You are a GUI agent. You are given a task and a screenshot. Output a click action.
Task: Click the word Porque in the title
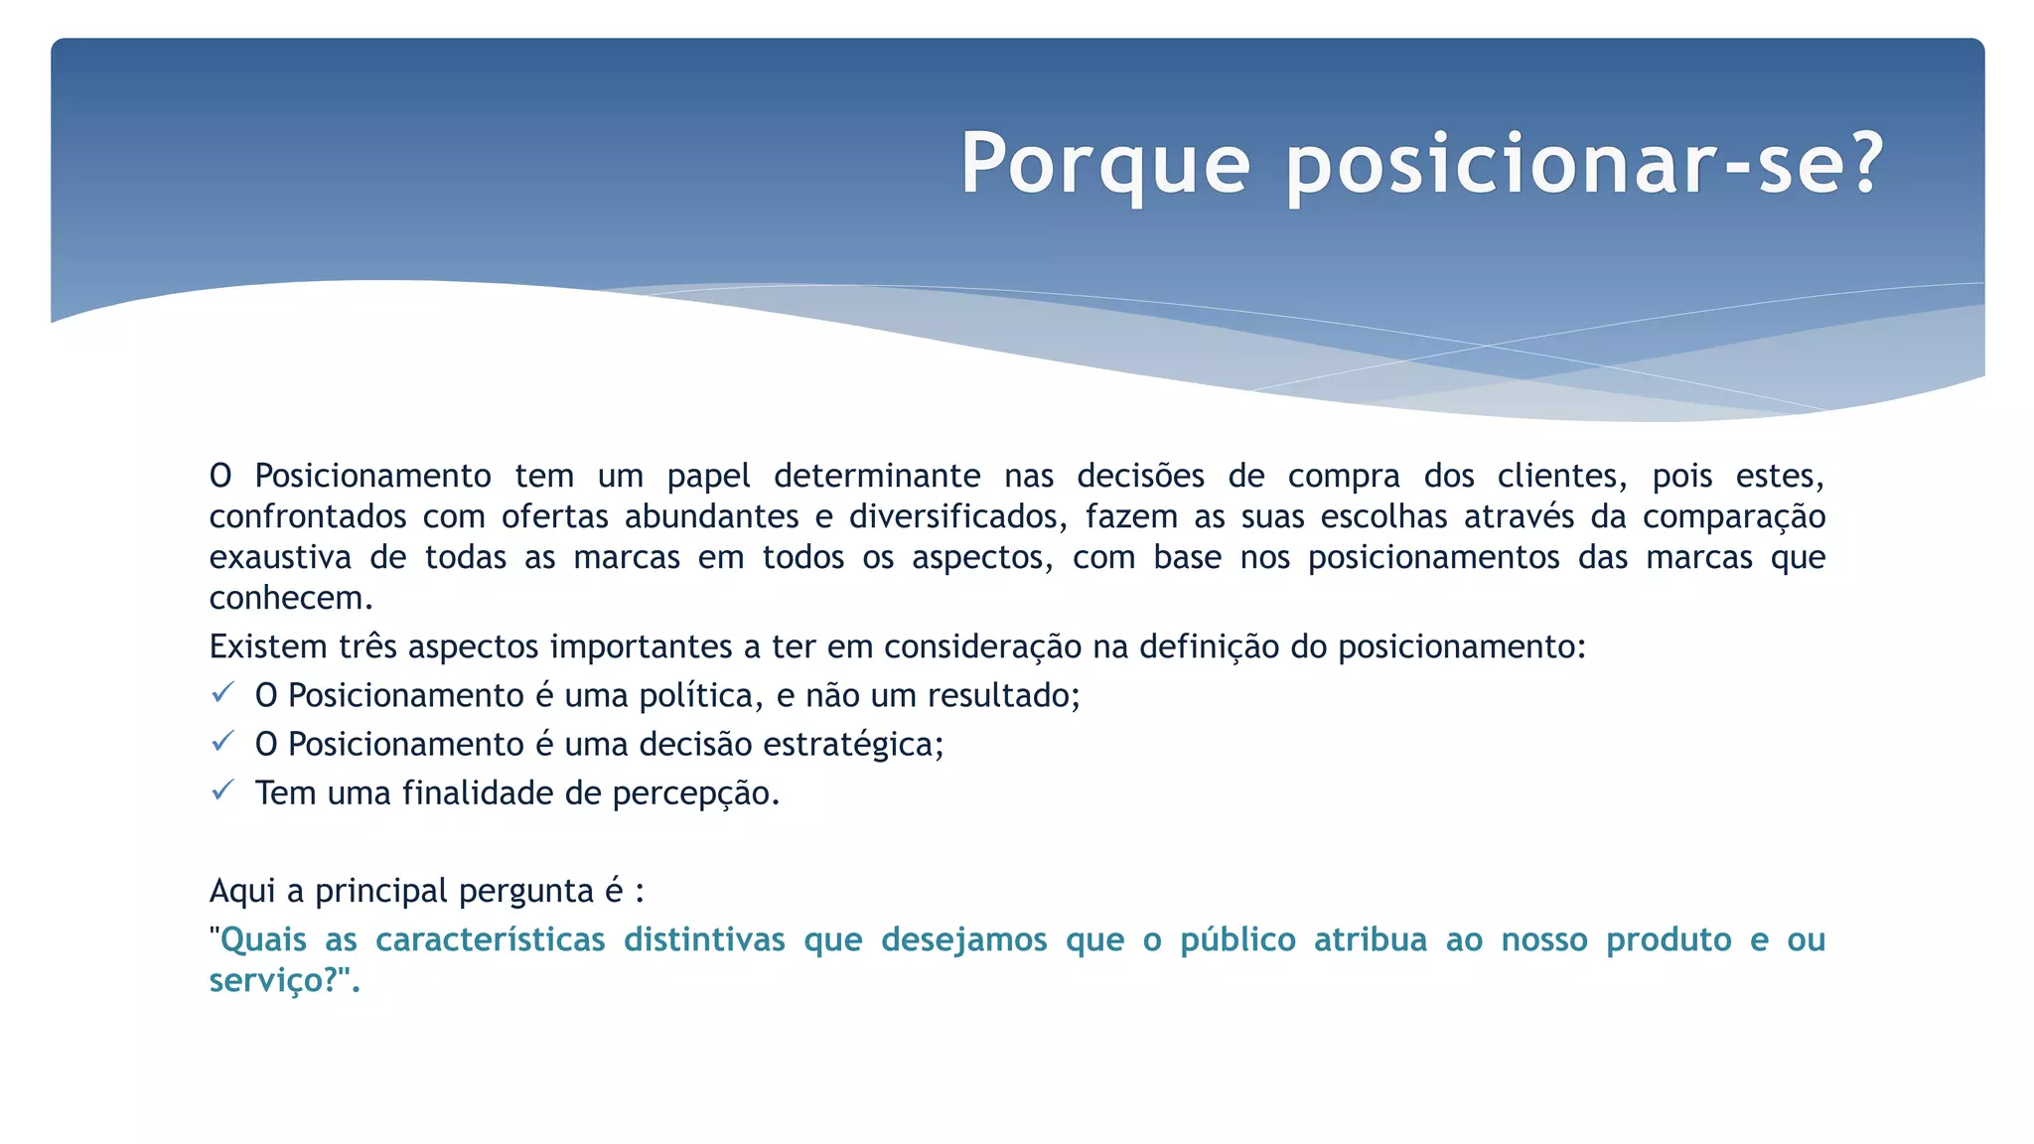pos(1104,165)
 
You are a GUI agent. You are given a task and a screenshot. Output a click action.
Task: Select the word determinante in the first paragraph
pos(877,477)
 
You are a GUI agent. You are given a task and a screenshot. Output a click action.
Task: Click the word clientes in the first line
pos(1561,477)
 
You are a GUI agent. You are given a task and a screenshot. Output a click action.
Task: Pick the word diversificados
pos(957,517)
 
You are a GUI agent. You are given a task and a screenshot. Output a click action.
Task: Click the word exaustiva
pos(280,558)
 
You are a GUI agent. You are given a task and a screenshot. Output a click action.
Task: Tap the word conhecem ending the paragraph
pos(290,599)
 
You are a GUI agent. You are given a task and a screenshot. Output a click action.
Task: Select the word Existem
pos(268,647)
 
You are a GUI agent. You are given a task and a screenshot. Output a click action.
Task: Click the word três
pos(368,647)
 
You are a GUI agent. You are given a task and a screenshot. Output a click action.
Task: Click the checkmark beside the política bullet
pos(222,692)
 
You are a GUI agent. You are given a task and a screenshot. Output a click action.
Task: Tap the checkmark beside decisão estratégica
pos(222,741)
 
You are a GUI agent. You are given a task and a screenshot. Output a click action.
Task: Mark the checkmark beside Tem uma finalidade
pos(222,789)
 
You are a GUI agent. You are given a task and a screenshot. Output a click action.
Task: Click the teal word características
pos(490,940)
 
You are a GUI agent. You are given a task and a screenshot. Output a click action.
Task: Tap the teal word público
pos(1237,940)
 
